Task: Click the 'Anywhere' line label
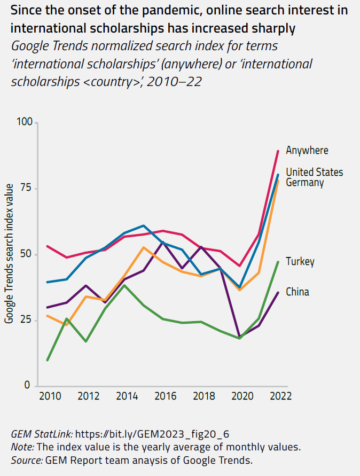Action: pyautogui.click(x=307, y=151)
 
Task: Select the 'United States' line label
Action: pyautogui.click(x=314, y=172)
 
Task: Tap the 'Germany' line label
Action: pyautogui.click(x=304, y=183)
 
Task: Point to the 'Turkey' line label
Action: pyautogui.click(x=300, y=262)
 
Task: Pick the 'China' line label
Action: pyautogui.click(x=297, y=292)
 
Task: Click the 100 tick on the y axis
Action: pyautogui.click(x=25, y=123)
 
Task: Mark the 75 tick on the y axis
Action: pyautogui.click(x=27, y=189)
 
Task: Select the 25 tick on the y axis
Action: pyautogui.click(x=27, y=320)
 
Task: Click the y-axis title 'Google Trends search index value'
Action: pyautogui.click(x=9, y=254)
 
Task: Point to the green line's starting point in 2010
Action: pyautogui.click(x=48, y=360)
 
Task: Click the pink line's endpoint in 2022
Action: pyautogui.click(x=278, y=151)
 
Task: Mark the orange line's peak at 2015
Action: pyautogui.click(x=144, y=247)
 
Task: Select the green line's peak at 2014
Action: pyautogui.click(x=124, y=285)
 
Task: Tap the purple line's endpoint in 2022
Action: pyautogui.click(x=278, y=292)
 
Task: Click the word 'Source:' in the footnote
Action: pyautogui.click(x=26, y=460)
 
